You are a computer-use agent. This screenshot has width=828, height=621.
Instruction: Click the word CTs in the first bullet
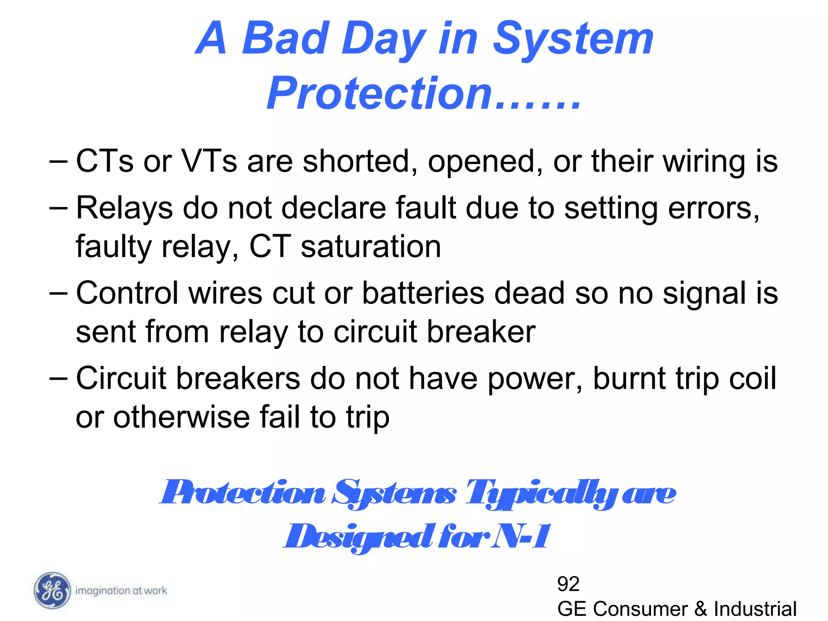click(104, 161)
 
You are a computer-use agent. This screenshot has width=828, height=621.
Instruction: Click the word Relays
click(124, 209)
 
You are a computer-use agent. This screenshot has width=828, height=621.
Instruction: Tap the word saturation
click(371, 247)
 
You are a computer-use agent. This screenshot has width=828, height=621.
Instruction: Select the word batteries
click(423, 293)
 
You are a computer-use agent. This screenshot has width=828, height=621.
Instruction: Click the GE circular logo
click(52, 590)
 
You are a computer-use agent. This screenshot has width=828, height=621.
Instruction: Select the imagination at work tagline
click(121, 591)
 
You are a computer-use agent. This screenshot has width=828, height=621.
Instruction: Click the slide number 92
click(568, 584)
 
